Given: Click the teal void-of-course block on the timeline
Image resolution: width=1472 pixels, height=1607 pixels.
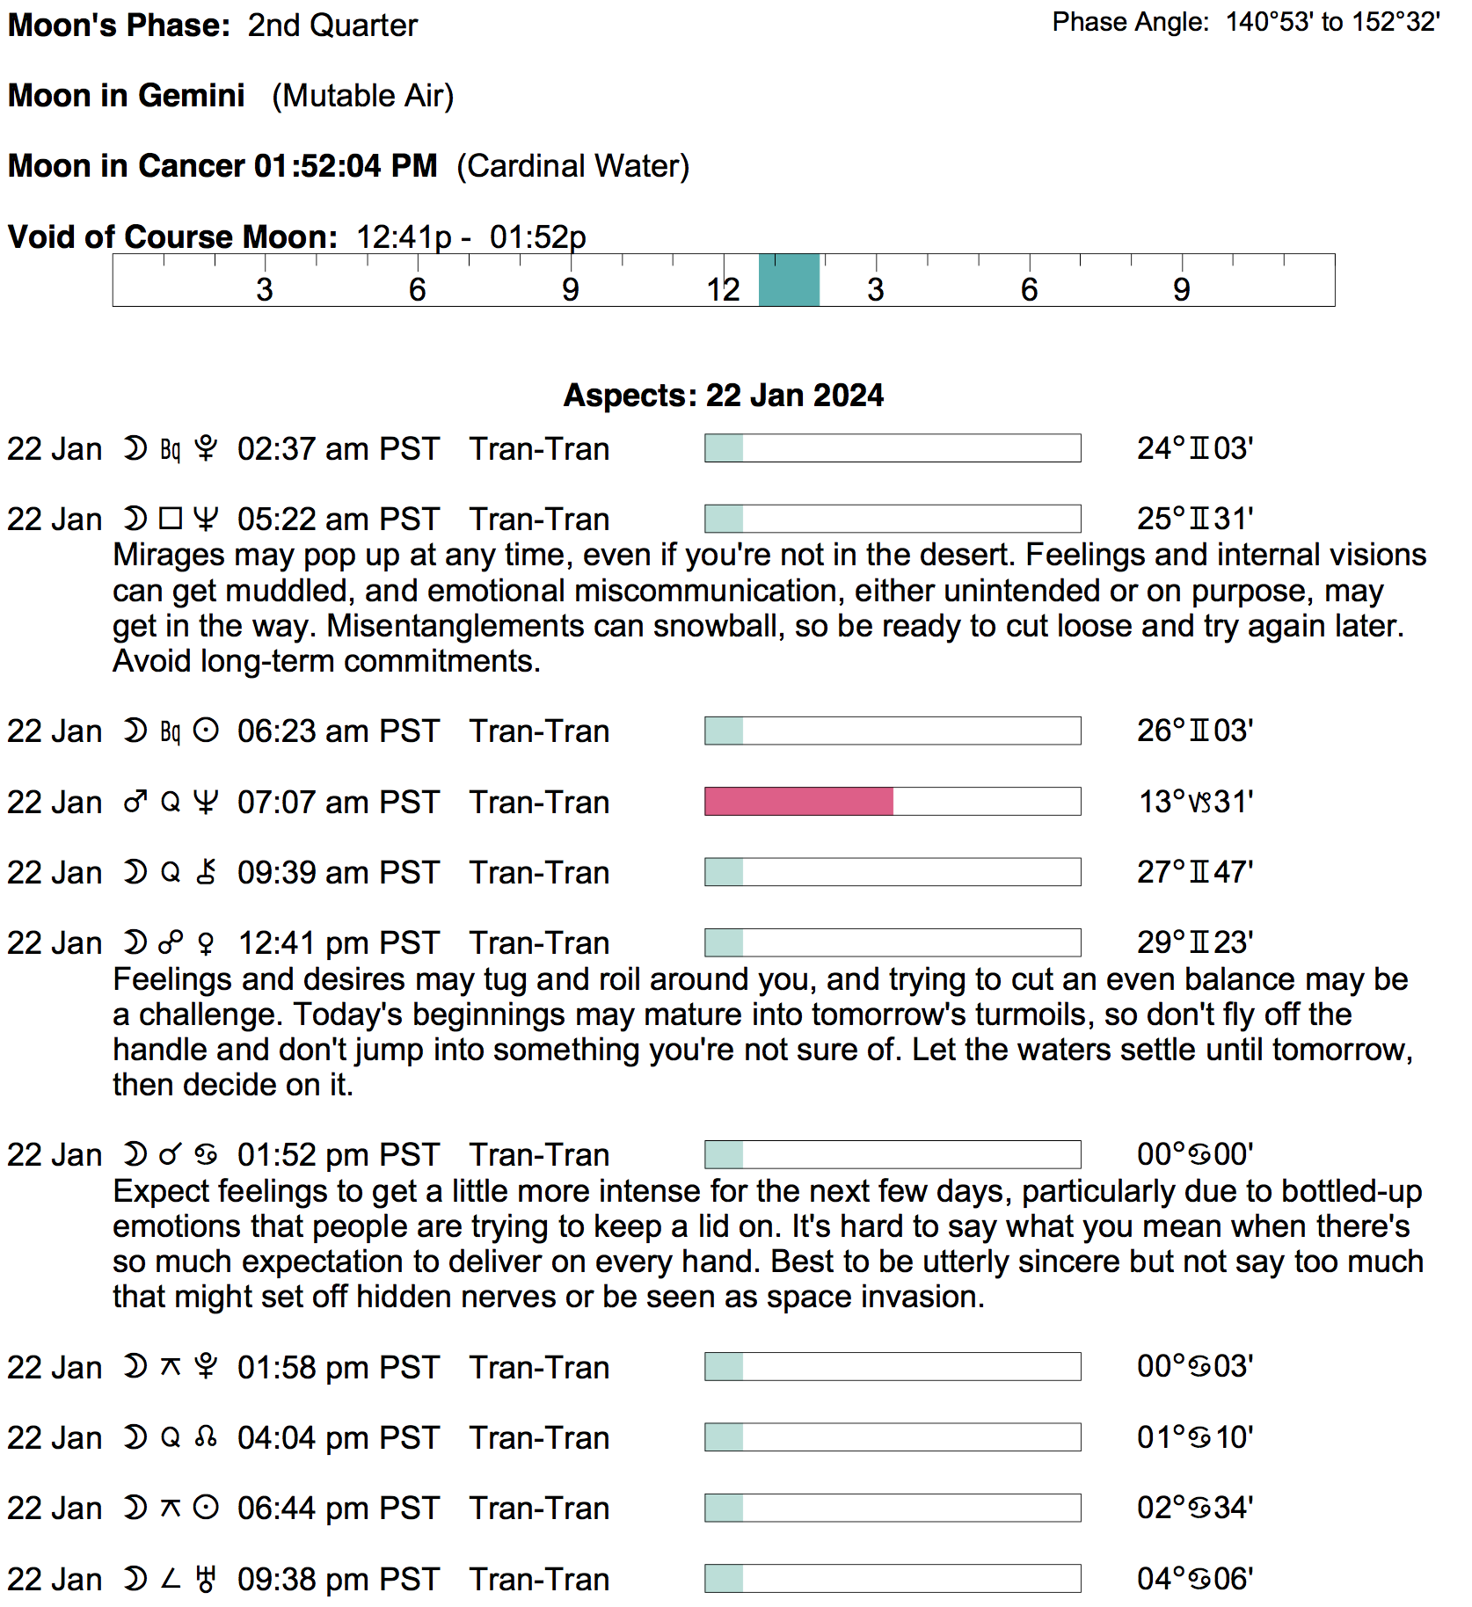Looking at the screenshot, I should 789,280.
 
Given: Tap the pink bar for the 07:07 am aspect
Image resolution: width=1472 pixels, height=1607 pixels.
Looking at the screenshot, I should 798,802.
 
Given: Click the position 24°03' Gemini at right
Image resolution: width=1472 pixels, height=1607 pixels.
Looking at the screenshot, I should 1194,448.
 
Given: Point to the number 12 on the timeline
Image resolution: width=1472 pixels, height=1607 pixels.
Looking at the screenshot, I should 723,289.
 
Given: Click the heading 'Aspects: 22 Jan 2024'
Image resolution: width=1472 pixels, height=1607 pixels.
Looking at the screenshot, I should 723,396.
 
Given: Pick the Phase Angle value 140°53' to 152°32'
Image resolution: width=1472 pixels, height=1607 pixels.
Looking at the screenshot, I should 1332,22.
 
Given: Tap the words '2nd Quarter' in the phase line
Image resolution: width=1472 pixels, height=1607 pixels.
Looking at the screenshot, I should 332,25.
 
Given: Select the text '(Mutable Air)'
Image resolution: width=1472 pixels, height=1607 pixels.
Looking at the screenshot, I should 362,96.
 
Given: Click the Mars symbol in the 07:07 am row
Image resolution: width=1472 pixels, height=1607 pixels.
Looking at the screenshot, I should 135,803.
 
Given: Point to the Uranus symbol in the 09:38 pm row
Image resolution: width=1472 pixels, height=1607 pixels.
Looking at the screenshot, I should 206,1580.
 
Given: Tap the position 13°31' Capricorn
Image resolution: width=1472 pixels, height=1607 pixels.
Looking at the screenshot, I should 1195,802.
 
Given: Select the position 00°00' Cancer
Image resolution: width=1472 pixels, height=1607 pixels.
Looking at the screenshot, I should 1194,1154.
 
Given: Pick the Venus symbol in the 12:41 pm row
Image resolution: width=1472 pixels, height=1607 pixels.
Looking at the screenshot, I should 206,944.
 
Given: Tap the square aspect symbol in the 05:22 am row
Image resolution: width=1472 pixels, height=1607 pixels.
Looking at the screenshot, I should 171,520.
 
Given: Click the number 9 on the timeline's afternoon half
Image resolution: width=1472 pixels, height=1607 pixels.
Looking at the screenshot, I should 1181,289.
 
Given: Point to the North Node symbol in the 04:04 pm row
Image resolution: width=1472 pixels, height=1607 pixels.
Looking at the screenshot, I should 206,1438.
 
